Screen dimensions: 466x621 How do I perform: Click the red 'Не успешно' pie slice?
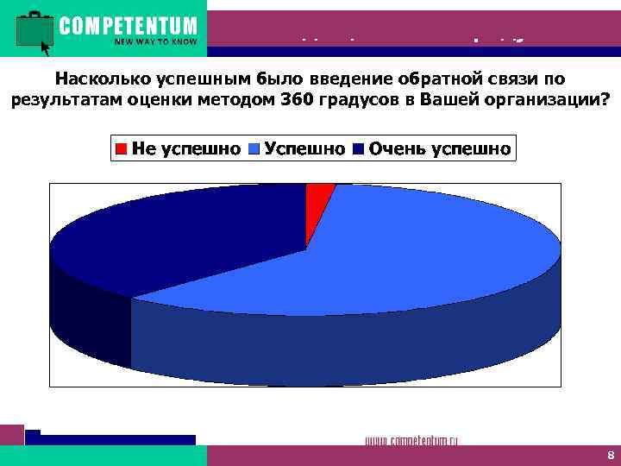click(317, 204)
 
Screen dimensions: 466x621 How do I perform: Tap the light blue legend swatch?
click(254, 149)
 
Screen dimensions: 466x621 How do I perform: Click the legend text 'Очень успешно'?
click(439, 149)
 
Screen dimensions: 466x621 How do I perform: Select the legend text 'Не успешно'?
click(185, 149)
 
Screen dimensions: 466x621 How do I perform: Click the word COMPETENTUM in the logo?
click(128, 25)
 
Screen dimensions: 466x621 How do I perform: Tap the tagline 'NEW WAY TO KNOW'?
click(155, 41)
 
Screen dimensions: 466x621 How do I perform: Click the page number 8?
click(610, 456)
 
